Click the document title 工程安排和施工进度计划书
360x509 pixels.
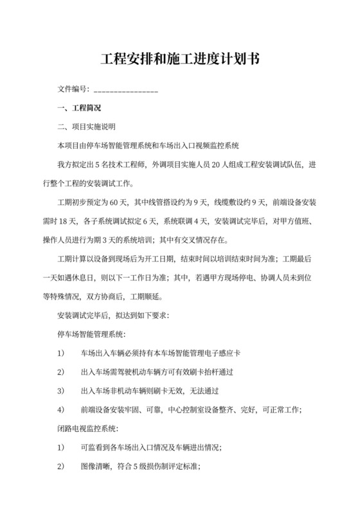coord(180,60)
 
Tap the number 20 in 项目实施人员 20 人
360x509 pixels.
coord(210,165)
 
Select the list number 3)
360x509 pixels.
coord(61,391)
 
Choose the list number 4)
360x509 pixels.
coord(61,409)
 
